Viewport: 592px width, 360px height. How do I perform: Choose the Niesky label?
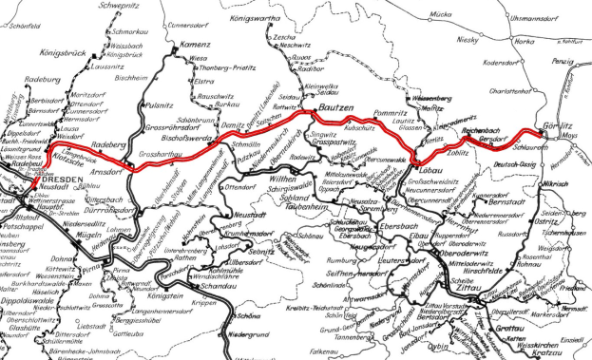click(499, 40)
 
